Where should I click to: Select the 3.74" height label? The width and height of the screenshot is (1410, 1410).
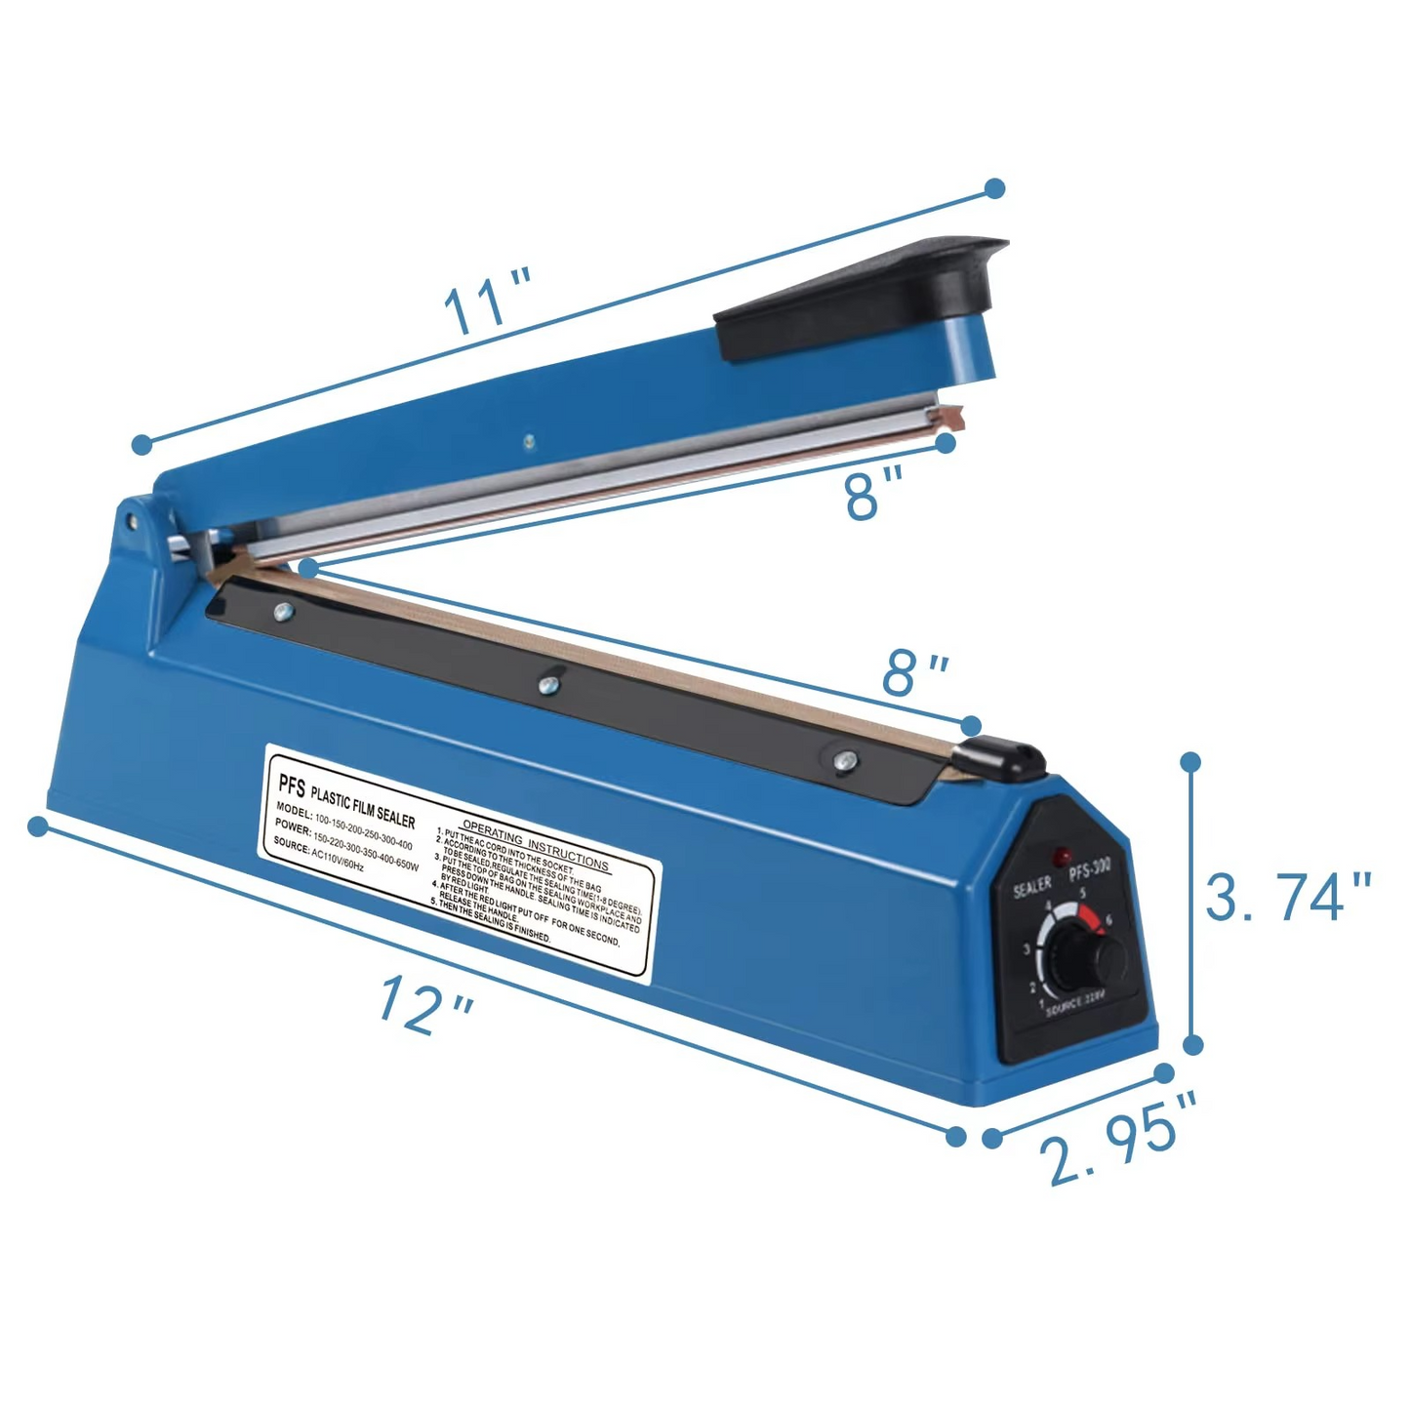click(1287, 897)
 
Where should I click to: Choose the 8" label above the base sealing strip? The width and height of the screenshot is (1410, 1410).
click(914, 672)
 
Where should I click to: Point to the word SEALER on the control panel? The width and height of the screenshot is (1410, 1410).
click(1032, 887)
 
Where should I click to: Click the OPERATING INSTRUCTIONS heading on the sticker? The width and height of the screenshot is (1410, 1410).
click(535, 844)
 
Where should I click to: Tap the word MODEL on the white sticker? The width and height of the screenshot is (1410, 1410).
click(294, 809)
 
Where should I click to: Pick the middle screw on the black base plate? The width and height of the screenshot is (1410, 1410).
click(548, 685)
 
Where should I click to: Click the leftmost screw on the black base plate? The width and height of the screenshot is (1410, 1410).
click(283, 612)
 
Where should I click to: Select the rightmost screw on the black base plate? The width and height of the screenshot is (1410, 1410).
click(845, 759)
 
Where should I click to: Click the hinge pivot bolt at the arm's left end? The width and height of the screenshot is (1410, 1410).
click(130, 519)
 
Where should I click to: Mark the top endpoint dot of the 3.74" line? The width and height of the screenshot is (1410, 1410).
click(1190, 761)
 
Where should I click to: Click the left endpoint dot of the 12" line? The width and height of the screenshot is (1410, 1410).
click(38, 826)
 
